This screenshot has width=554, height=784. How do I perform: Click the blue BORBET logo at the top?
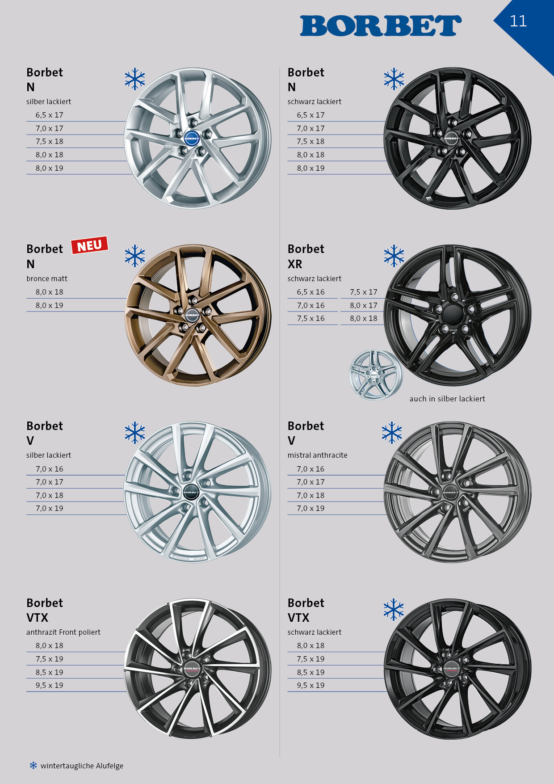tap(381, 26)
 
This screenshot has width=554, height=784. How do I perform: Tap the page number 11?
tap(518, 21)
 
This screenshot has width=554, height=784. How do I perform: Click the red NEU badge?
tap(89, 245)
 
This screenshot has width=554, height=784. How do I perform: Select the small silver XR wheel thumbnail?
tap(376, 375)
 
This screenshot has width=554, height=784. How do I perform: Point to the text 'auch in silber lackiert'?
tap(447, 399)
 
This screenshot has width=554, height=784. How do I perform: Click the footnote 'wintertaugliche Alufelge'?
tap(82, 766)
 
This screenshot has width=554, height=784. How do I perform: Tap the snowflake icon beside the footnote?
tap(33, 765)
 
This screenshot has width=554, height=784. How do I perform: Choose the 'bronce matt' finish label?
tap(47, 278)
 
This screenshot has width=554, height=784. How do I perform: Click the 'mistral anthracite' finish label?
tap(317, 455)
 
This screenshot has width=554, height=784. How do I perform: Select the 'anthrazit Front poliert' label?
tap(63, 632)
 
